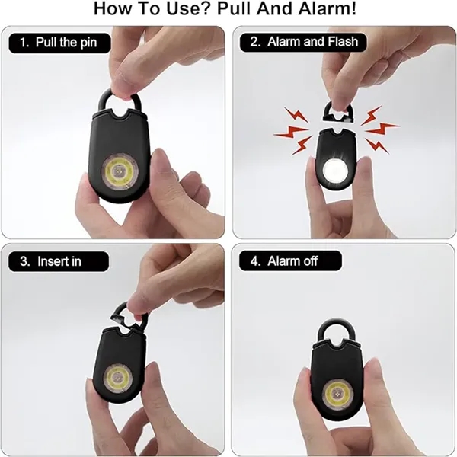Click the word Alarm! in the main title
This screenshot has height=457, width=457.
(x=327, y=8)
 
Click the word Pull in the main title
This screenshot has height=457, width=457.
(x=235, y=8)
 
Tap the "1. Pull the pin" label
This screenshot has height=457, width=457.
(x=59, y=43)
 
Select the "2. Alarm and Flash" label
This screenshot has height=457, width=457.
(x=303, y=42)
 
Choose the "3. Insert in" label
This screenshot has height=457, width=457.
(x=59, y=261)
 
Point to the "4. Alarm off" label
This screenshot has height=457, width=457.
(x=290, y=260)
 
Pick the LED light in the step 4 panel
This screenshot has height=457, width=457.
(x=337, y=395)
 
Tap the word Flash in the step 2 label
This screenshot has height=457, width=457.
(x=343, y=42)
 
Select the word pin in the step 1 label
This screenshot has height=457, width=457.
(x=88, y=43)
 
